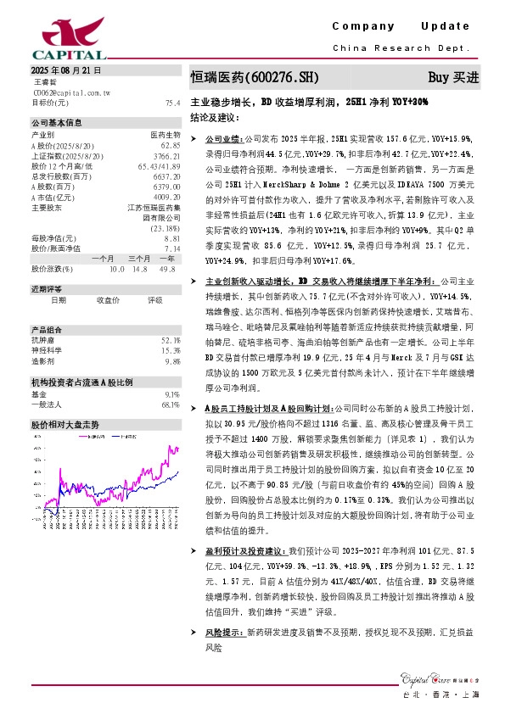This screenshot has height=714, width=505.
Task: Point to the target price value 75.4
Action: tap(172, 103)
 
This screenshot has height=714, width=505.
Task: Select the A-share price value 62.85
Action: tap(170, 146)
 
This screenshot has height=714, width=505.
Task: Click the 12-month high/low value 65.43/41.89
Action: tap(159, 166)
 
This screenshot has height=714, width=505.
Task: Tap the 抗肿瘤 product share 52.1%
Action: tap(170, 341)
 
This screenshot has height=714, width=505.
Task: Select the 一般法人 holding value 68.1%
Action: tap(170, 404)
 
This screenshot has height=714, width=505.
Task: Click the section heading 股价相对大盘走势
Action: tap(65, 423)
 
